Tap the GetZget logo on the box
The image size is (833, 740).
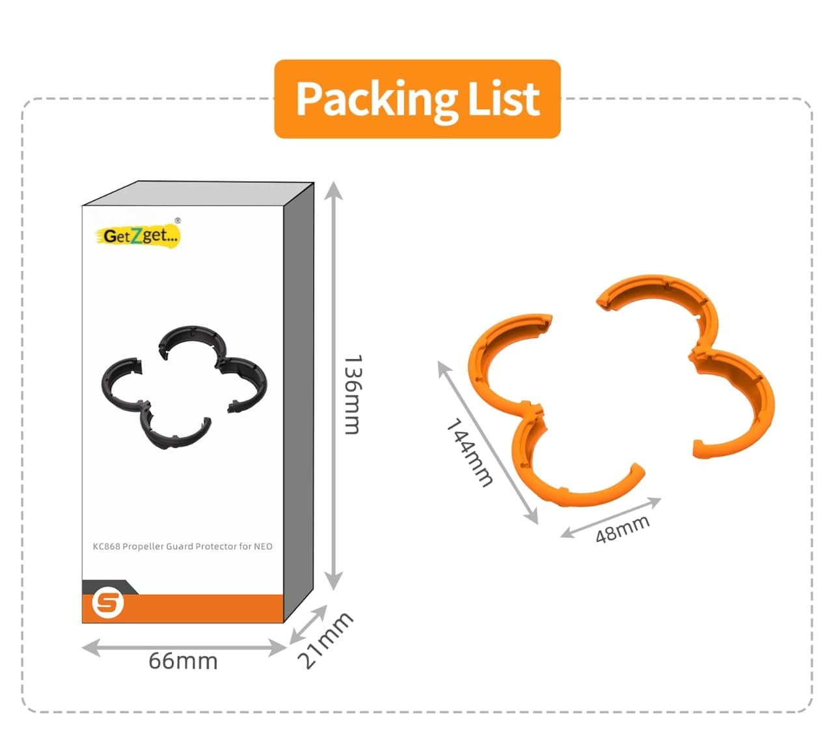(x=139, y=235)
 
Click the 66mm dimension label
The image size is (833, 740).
(x=183, y=661)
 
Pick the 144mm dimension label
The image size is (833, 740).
(x=469, y=452)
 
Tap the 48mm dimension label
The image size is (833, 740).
(x=623, y=528)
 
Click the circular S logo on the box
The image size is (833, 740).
(x=107, y=603)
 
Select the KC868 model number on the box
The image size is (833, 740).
(x=107, y=547)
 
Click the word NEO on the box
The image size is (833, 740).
(x=263, y=547)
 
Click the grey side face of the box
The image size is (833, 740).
(x=299, y=404)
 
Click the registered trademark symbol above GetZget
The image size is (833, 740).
(x=178, y=220)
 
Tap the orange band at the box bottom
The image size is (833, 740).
(x=195, y=608)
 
